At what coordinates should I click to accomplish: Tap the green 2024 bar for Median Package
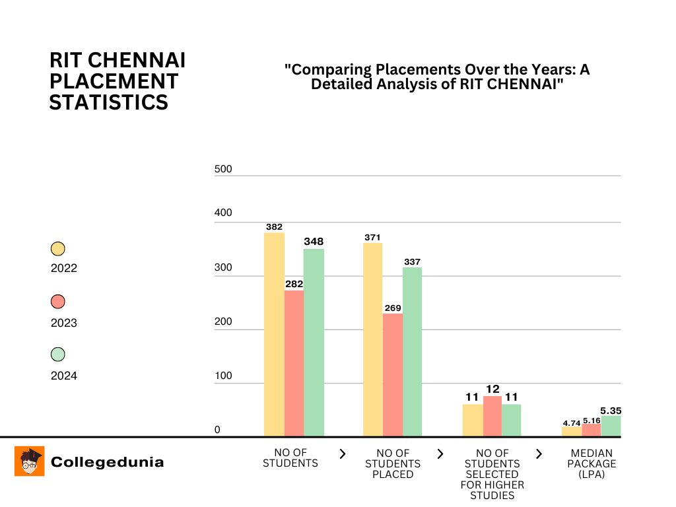pos(611,426)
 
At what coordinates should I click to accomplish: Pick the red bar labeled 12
pos(492,416)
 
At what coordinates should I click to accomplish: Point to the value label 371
pos(373,237)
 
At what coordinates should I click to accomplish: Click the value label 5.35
pos(611,410)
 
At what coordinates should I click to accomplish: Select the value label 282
pos(294,284)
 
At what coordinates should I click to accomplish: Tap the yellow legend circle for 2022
pos(58,249)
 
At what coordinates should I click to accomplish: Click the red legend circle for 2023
pos(58,302)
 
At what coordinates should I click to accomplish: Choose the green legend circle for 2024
pos(58,355)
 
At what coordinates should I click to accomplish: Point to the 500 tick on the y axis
pos(223,170)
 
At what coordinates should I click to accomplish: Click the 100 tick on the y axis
pos(223,376)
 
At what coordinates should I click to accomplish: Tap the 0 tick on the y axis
pos(217,430)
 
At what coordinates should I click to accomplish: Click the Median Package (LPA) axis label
pos(592,463)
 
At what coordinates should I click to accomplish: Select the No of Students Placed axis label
pos(393,463)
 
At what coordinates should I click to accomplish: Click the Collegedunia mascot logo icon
pos(30,461)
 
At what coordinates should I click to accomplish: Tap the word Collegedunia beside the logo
pos(107,462)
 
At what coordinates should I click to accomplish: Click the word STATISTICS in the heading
pos(108,103)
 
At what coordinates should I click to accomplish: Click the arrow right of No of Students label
pos(342,454)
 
